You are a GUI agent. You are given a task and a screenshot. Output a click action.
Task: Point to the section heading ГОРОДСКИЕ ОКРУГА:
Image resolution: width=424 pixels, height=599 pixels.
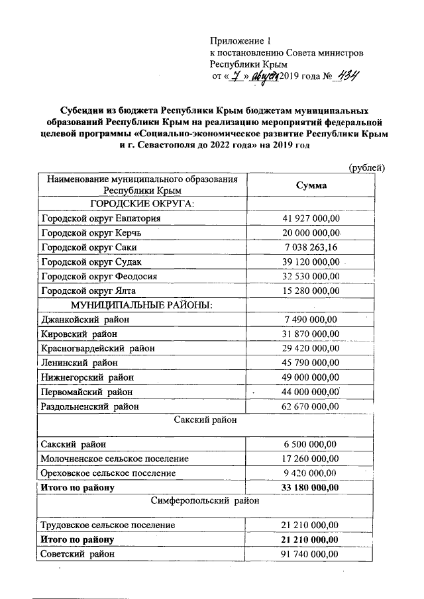pyautogui.click(x=142, y=203)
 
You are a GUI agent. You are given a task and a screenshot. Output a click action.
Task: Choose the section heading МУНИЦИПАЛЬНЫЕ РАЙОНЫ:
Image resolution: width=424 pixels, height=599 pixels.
pyautogui.click(x=142, y=304)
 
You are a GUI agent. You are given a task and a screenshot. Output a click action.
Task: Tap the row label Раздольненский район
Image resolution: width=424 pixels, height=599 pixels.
pyautogui.click(x=91, y=406)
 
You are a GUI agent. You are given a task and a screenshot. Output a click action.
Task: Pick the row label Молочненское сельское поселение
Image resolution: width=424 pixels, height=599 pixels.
pyautogui.click(x=115, y=458)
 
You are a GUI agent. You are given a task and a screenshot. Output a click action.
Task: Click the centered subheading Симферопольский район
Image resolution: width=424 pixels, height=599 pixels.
pyautogui.click(x=205, y=502)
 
